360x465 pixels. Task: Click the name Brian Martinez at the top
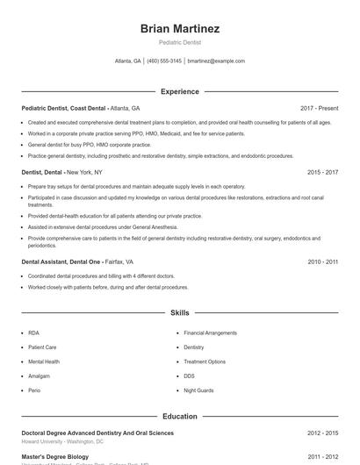(179, 29)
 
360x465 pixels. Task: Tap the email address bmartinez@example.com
(216, 61)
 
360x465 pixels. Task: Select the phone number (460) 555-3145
(164, 61)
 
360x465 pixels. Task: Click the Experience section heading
(179, 91)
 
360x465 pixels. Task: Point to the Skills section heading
(179, 312)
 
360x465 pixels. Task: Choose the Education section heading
(179, 416)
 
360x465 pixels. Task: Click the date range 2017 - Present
(319, 108)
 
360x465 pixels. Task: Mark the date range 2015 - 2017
(322, 173)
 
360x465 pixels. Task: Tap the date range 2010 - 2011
(322, 261)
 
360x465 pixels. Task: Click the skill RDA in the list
(33, 333)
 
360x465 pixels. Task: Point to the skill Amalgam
(40, 376)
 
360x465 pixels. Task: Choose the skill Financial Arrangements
(210, 333)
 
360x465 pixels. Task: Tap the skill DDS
(189, 376)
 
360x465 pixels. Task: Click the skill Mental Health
(44, 361)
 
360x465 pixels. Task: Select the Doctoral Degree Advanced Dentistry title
(97, 433)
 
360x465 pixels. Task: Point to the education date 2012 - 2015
(322, 433)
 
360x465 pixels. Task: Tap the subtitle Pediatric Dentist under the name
(179, 42)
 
